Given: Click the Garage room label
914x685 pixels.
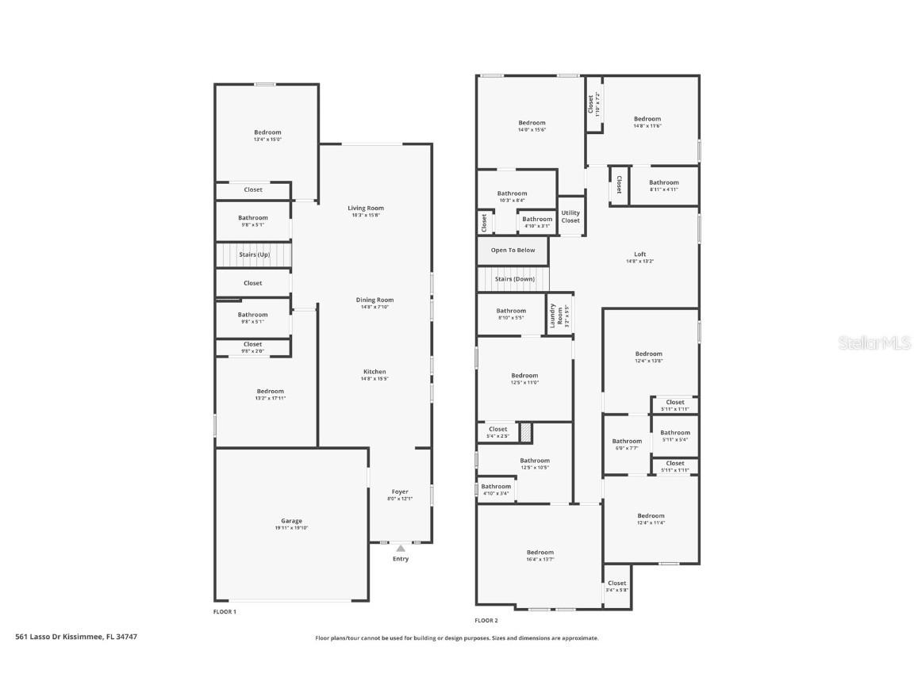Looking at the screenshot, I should pos(291,521).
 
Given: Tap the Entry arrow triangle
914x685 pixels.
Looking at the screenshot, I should pos(401,548).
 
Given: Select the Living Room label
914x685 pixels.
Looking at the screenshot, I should pos(366,208).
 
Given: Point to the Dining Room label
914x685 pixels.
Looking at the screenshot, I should pos(374,300).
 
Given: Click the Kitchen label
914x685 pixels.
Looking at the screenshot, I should pos(374,372).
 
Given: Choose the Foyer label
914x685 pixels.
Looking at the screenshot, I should pos(400,492).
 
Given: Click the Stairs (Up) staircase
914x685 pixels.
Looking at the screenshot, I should pos(254,254).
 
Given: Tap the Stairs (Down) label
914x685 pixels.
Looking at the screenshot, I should pos(515,279).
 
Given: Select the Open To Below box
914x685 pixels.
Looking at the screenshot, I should pos(513,251).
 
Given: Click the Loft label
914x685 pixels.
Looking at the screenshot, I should pos(639,254).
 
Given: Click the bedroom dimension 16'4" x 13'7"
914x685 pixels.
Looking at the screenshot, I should pos(540,560).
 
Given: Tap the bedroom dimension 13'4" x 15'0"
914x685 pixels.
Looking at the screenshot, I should pos(267,140).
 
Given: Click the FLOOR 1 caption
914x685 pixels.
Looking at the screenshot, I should pos(225,612).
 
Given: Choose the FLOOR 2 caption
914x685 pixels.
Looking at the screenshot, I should pos(486,621).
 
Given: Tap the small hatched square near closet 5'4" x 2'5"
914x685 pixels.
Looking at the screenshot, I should pos(525,433).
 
